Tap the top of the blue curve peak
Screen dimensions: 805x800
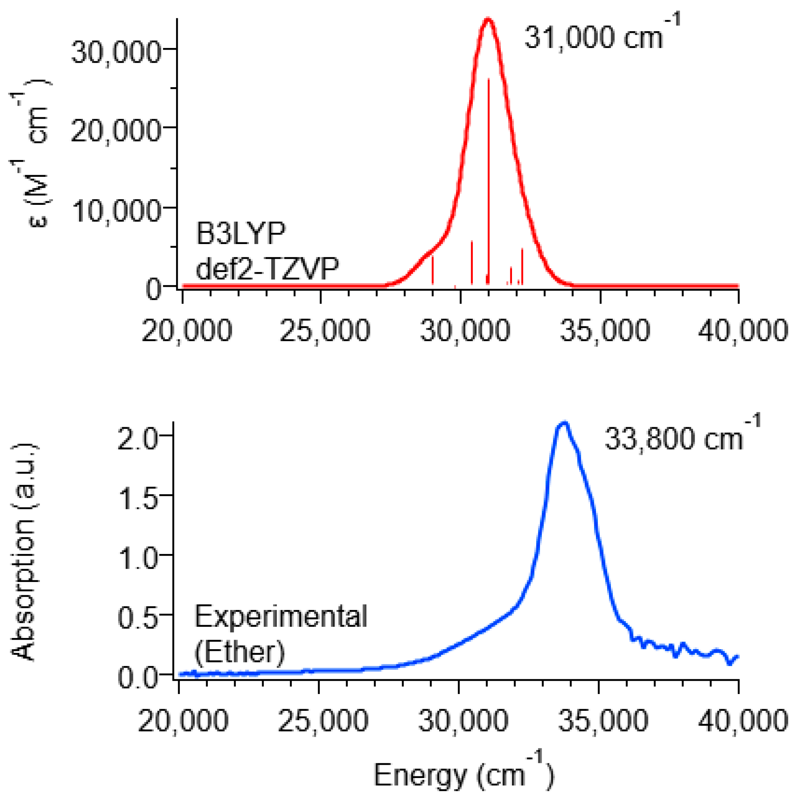[x=564, y=423]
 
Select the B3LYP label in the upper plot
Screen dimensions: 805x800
[x=241, y=234]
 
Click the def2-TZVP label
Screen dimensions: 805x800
[x=267, y=269]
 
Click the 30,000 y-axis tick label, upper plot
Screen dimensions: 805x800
[x=116, y=53]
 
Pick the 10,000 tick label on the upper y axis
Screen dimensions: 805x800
[x=116, y=211]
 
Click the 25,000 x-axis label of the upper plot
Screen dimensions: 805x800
[x=325, y=331]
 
